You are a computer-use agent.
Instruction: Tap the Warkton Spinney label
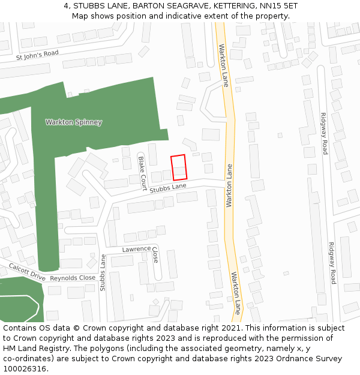pos(74,122)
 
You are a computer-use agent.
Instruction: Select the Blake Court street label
pos(143,170)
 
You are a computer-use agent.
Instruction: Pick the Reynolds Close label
pos(73,278)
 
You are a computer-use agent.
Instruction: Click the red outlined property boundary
pos(179,167)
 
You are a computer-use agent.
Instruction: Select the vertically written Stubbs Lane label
pos(103,273)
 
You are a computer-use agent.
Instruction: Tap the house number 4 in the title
pos(66,6)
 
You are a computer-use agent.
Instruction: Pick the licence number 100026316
pos(25,369)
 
